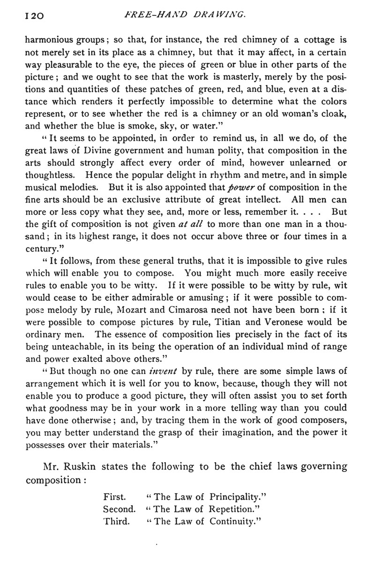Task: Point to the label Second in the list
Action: [x=119, y=509]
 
